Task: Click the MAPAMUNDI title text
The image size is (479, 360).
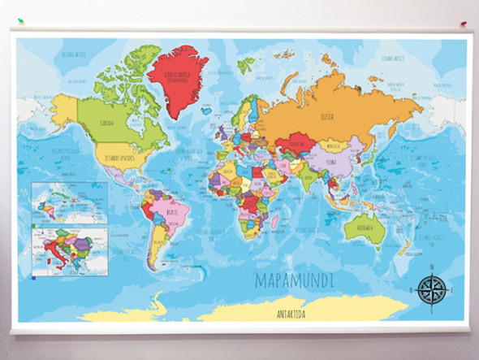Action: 294,281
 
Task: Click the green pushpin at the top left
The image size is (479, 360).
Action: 21,22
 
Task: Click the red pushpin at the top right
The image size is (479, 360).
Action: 464,24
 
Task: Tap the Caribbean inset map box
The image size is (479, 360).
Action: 69,202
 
